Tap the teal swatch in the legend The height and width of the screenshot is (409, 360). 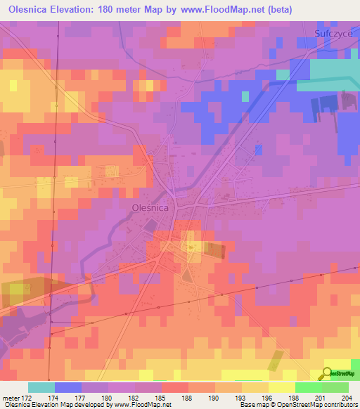click(41, 387)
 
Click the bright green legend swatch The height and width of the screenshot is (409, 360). click(309, 387)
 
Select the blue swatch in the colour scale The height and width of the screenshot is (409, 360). click(68, 387)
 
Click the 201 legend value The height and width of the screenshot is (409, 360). click(322, 398)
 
